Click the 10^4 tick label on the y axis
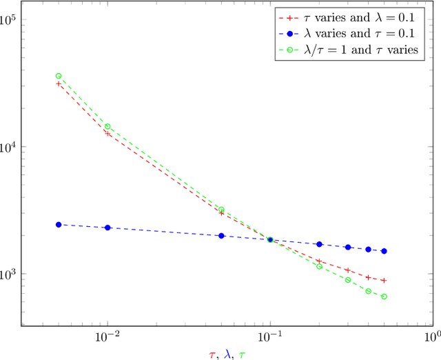pyautogui.click(x=12, y=146)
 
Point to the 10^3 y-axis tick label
pyautogui.click(x=12, y=273)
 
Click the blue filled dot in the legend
pyautogui.click(x=287, y=34)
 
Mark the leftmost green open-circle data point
pyautogui.click(x=59, y=76)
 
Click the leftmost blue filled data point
pyautogui.click(x=59, y=225)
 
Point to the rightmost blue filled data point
pyautogui.click(x=384, y=251)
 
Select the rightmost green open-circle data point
pyautogui.click(x=384, y=297)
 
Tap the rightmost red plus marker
pyautogui.click(x=384, y=281)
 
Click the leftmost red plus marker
pyautogui.click(x=59, y=83)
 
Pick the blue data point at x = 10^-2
pyautogui.click(x=107, y=228)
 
